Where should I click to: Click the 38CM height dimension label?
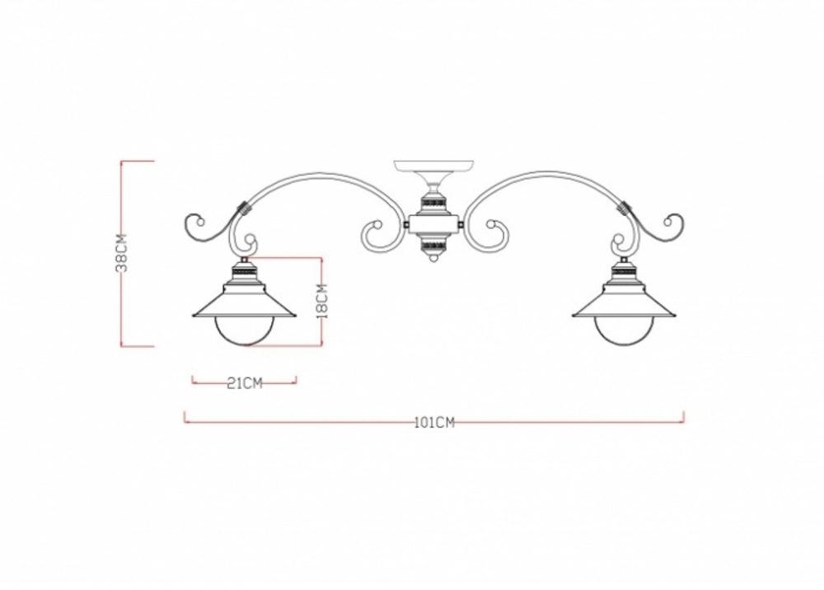click(121, 253)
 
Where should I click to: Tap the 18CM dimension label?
click(321, 301)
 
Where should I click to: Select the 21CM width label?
click(244, 382)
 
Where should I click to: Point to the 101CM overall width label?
click(434, 423)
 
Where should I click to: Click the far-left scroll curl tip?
click(194, 222)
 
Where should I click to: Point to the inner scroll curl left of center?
click(375, 231)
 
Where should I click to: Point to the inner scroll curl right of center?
click(493, 231)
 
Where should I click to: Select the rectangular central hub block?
click(433, 222)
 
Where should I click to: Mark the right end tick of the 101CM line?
click(683, 417)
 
